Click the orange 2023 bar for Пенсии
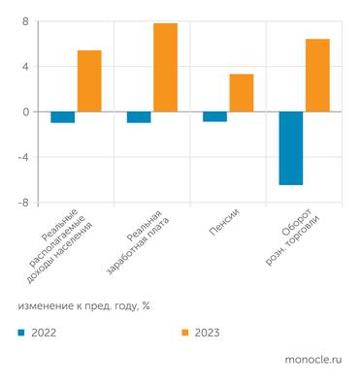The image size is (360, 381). (242, 93)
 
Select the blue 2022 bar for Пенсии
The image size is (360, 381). (214, 116)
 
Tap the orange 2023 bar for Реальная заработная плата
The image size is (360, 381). (166, 68)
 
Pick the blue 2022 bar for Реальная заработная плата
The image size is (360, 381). (139, 117)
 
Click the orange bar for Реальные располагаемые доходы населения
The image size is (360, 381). (89, 81)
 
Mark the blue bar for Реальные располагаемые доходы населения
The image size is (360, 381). (63, 117)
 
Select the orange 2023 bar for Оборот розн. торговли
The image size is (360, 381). (317, 76)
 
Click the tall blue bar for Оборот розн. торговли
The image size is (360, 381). (290, 148)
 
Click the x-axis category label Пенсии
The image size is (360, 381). (223, 222)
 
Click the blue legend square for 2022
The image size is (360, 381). (21, 332)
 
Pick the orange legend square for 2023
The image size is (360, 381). (184, 332)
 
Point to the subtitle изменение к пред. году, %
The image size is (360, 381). (83, 304)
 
